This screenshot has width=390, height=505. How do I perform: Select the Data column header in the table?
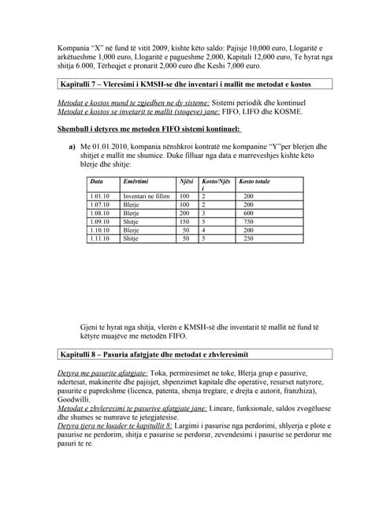coord(97,182)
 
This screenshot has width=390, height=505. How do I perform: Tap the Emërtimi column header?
coord(136,182)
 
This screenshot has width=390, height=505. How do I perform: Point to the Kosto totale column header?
coord(254,182)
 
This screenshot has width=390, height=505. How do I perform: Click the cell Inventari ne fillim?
coord(147,196)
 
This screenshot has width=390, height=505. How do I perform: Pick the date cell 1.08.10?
coord(100,213)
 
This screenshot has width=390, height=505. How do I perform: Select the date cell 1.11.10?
coord(100,238)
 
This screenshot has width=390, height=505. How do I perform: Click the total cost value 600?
coord(248,213)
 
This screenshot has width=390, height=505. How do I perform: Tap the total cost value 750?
coord(248,222)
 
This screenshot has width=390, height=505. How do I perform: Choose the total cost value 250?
coord(248,238)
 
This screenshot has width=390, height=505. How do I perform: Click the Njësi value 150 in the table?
coord(184,222)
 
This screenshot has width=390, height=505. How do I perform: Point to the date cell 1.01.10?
coord(100,196)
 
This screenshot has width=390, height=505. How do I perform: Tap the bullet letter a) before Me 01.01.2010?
coord(72,146)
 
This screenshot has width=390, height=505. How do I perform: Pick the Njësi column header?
coord(186,182)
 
